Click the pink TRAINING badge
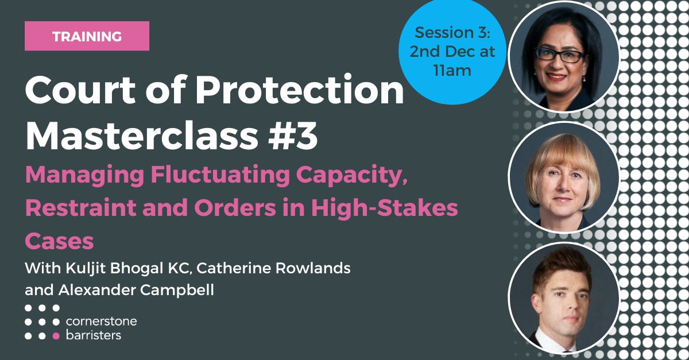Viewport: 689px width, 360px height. pyautogui.click(x=87, y=36)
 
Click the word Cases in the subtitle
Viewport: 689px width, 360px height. pyautogui.click(x=60, y=241)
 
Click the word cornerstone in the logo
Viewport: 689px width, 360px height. pyautogui.click(x=101, y=321)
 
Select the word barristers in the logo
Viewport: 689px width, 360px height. pyautogui.click(x=94, y=335)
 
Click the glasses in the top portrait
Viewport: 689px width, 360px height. pyautogui.click(x=558, y=53)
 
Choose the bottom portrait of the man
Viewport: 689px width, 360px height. pyautogui.click(x=563, y=298)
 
